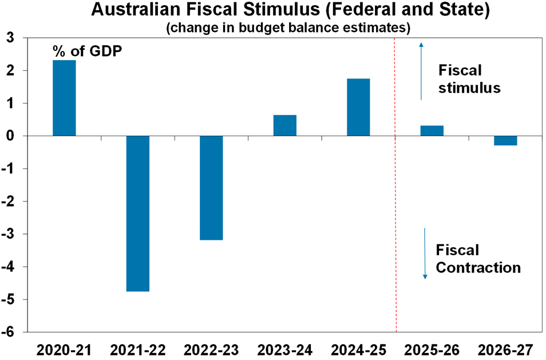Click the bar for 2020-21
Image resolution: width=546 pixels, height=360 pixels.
[x=64, y=98]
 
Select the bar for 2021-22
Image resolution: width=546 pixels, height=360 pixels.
[x=138, y=213]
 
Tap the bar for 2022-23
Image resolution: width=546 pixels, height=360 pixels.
[x=211, y=188]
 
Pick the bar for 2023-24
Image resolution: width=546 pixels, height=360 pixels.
[x=285, y=125]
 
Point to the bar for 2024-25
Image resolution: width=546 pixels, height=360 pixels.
[x=358, y=107]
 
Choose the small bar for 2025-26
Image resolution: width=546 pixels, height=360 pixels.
[x=432, y=130]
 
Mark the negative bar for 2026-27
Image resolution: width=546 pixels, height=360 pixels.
[x=505, y=141]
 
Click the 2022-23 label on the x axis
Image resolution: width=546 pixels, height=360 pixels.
[x=212, y=349]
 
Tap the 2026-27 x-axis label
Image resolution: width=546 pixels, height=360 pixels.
[x=506, y=349]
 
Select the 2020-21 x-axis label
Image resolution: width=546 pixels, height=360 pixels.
[x=64, y=349]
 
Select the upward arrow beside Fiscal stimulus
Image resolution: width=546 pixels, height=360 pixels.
[x=421, y=71]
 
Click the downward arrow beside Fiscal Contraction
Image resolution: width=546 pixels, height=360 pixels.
[x=425, y=254]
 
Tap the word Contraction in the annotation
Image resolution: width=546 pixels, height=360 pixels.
[x=478, y=267]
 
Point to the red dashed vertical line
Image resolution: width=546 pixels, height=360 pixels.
[x=395, y=229]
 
